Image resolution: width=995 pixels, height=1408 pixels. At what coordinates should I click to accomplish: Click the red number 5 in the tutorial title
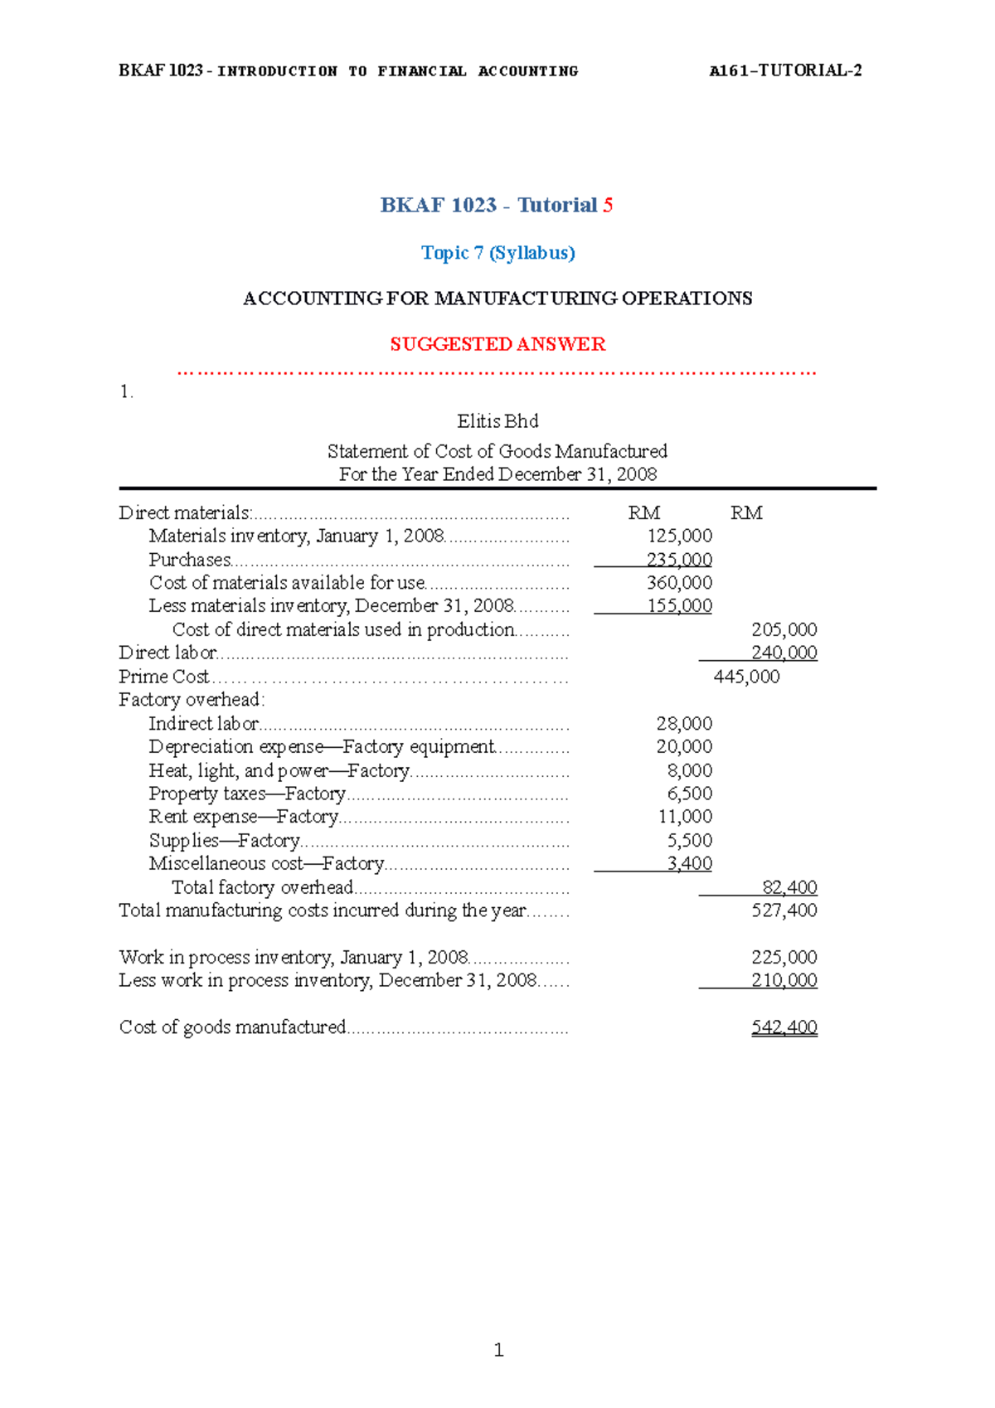tap(608, 205)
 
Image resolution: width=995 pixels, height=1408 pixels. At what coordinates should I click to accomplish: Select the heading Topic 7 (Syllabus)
tap(498, 253)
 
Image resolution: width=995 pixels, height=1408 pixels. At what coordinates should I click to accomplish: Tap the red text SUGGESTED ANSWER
tap(498, 344)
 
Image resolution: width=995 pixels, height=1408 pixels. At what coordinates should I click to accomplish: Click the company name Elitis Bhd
tap(498, 421)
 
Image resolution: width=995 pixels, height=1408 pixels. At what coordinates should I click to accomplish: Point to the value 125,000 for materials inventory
tap(679, 536)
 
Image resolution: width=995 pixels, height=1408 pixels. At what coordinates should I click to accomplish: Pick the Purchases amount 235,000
tap(679, 560)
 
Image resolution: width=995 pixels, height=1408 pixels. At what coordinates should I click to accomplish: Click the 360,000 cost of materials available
tap(679, 583)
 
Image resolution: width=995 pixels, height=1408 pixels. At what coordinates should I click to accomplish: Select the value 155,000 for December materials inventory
tap(679, 606)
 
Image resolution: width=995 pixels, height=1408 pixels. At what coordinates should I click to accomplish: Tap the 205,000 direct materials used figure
tap(784, 630)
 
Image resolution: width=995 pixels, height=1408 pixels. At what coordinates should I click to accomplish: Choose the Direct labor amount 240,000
tap(784, 653)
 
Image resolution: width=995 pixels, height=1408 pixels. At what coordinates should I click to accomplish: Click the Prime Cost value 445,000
tap(746, 677)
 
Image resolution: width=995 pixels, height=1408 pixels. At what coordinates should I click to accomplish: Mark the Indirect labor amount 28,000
tap(684, 724)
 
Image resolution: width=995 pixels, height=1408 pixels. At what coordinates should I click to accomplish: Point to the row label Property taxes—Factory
tap(247, 794)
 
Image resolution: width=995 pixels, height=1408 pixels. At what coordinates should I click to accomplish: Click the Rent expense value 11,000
tap(685, 817)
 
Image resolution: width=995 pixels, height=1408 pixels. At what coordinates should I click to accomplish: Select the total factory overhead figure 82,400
tap(789, 887)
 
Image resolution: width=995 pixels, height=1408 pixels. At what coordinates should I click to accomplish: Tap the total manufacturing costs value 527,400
tap(784, 910)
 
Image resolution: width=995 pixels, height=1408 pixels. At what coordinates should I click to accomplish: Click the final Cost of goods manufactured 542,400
tap(784, 1027)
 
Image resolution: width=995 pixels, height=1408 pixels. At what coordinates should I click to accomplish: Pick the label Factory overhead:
tap(192, 700)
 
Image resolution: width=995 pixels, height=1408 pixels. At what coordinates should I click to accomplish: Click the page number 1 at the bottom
tap(498, 1350)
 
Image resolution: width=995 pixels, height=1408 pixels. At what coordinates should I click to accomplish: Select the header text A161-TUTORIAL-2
tap(785, 70)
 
